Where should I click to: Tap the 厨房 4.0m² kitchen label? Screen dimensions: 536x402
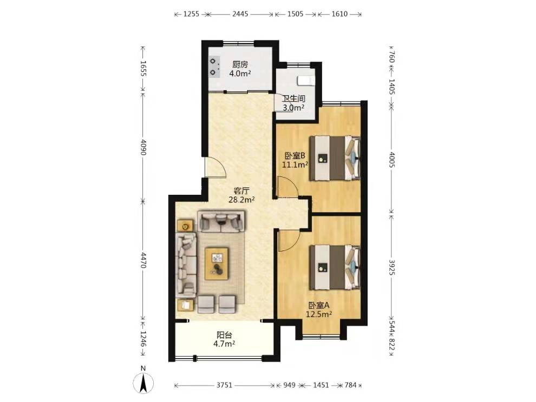pyautogui.click(x=240, y=69)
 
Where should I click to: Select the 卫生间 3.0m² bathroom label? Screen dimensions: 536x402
pyautogui.click(x=293, y=103)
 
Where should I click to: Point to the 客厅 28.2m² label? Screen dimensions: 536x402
pyautogui.click(x=241, y=195)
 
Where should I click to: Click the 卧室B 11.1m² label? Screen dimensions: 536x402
pyautogui.click(x=295, y=160)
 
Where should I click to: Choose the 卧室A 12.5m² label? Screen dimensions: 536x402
pyautogui.click(x=318, y=309)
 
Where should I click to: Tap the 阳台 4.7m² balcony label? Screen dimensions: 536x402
pyautogui.click(x=224, y=339)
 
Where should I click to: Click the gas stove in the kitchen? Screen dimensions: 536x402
pyautogui.click(x=214, y=67)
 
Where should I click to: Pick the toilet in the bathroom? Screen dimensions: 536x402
pyautogui.click(x=306, y=80)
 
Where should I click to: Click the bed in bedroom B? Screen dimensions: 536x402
pyautogui.click(x=335, y=158)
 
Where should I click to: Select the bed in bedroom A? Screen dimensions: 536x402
pyautogui.click(x=335, y=267)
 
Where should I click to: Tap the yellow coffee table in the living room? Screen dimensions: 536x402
pyautogui.click(x=217, y=263)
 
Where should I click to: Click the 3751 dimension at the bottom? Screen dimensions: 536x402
pyautogui.click(x=224, y=385)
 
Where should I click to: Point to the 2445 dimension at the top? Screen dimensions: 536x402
pyautogui.click(x=240, y=14)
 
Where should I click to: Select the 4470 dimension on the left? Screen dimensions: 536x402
pyautogui.click(x=143, y=260)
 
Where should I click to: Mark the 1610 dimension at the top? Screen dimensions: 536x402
pyautogui.click(x=340, y=14)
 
